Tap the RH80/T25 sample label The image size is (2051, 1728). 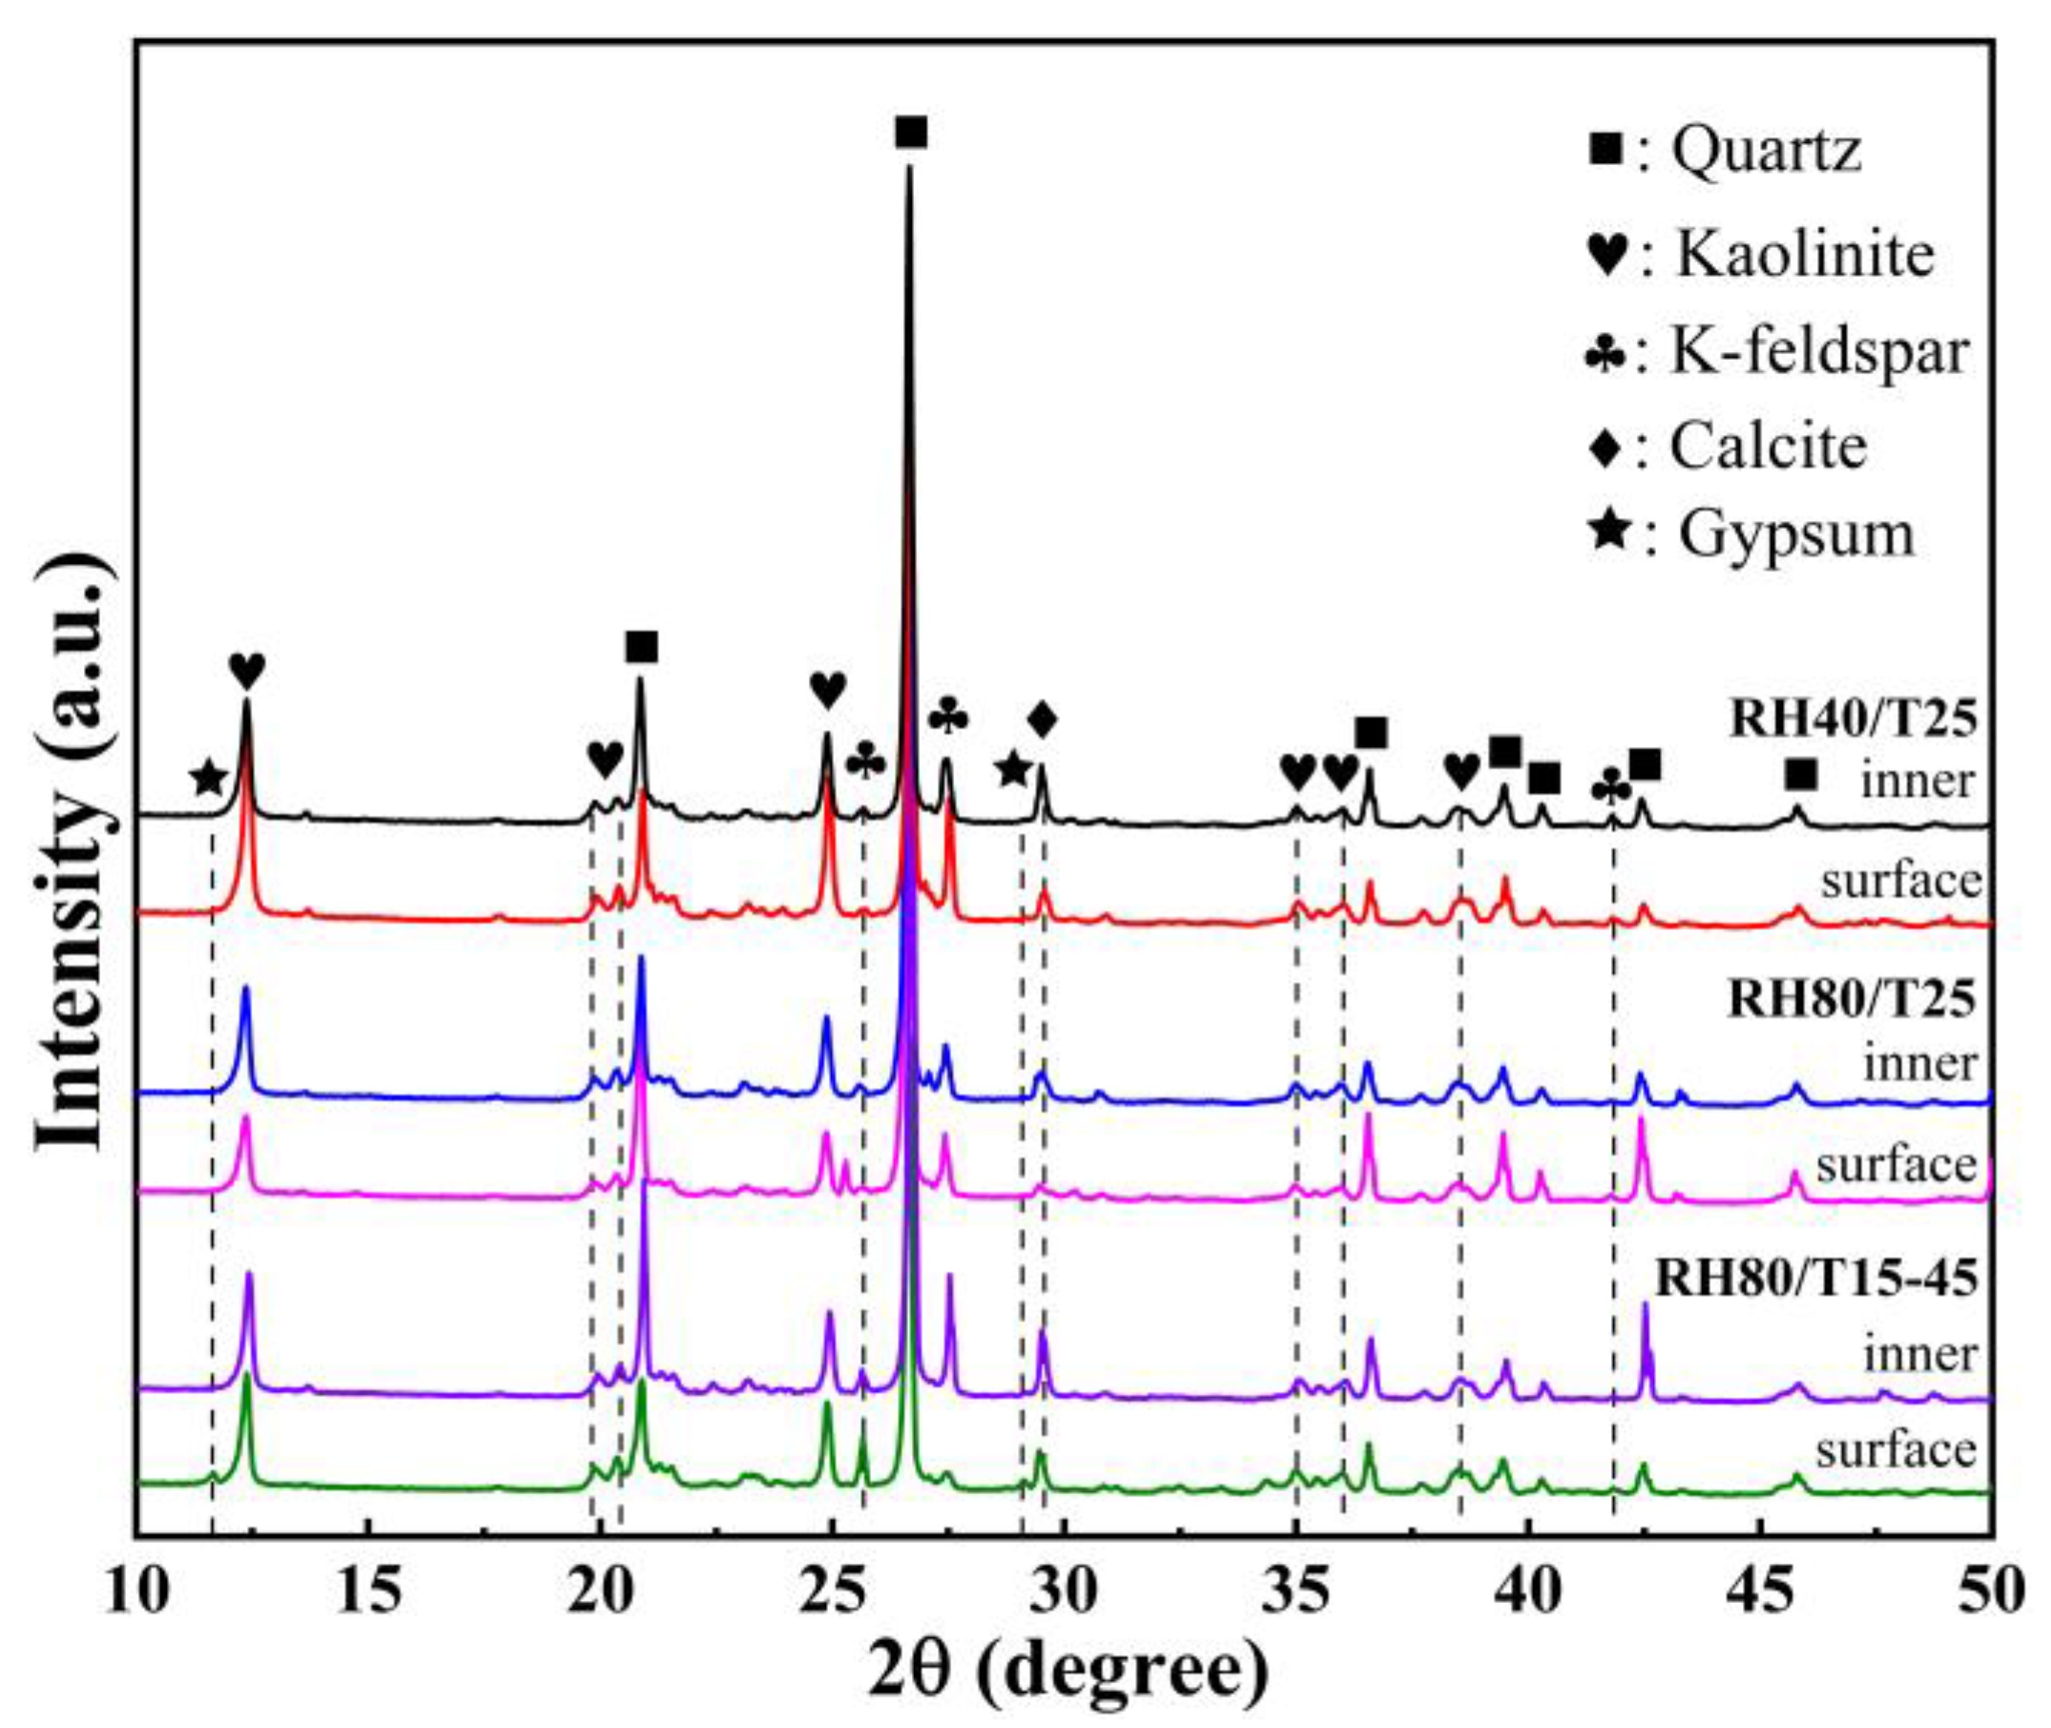[x=1852, y=1000]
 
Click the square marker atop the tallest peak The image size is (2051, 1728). [x=911, y=133]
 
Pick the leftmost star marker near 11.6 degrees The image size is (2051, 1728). [x=208, y=779]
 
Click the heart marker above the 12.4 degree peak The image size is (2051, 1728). [x=247, y=672]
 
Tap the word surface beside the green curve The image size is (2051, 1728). [x=1896, y=1450]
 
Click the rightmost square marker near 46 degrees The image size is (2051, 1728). [x=1800, y=776]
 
